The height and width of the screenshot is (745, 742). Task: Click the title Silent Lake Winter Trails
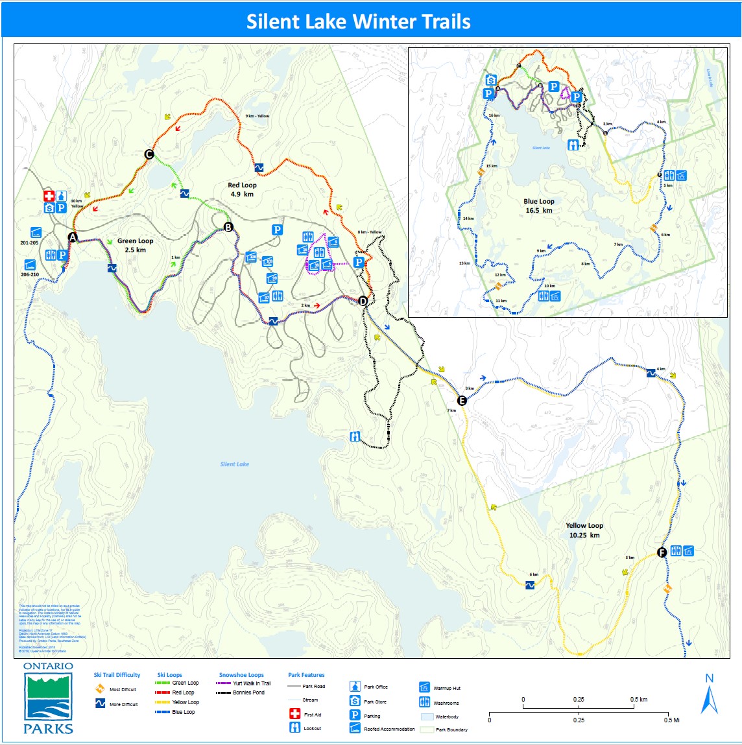coord(358,21)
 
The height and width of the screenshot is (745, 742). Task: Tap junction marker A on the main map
coord(73,238)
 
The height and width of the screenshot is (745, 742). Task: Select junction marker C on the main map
coord(149,154)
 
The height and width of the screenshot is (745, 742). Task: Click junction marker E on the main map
coord(462,400)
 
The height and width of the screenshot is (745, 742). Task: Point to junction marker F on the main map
coord(662,552)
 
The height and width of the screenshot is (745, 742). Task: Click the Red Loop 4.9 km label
coord(242,189)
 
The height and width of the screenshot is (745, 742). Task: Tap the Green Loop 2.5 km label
coord(135,245)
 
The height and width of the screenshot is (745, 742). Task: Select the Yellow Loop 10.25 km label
coord(584,530)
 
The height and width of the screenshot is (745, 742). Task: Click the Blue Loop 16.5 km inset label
coord(538,206)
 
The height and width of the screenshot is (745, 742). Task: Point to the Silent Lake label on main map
coord(234,464)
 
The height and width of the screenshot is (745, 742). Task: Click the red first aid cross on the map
coord(49,196)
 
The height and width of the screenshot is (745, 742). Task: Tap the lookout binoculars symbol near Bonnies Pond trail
coord(355,436)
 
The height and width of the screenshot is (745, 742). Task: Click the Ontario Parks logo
coord(48,698)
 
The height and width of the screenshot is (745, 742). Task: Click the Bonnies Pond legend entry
coord(248,692)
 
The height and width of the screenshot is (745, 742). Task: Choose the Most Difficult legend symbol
coord(100,689)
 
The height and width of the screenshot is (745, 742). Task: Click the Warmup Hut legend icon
coord(424,687)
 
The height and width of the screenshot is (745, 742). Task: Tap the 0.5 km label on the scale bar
coord(638,700)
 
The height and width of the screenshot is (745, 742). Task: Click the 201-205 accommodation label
coord(29,243)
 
